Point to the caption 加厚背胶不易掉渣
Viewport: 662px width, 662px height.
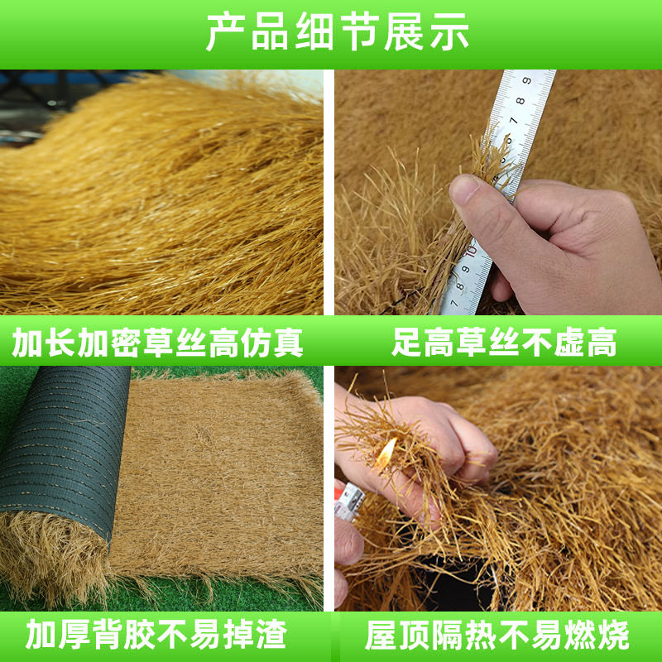point(156,636)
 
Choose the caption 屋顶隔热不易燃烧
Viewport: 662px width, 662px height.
point(497,636)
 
